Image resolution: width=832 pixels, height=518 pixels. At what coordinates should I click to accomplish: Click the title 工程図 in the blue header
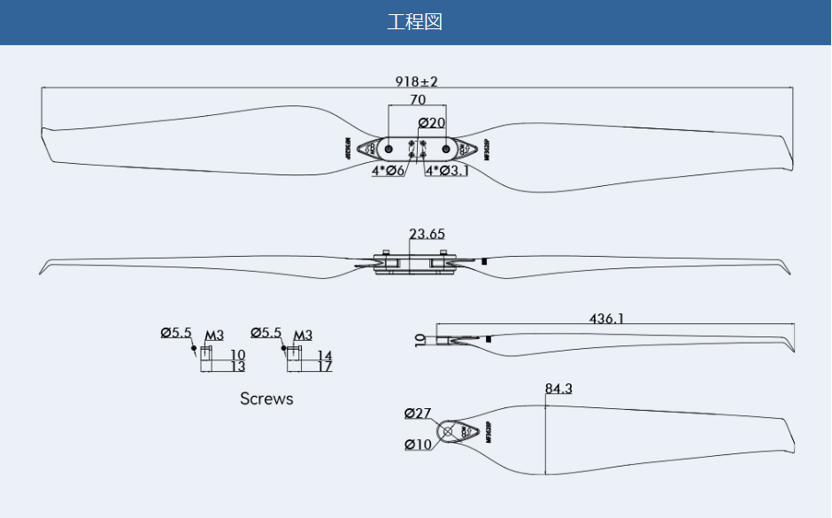click(x=414, y=22)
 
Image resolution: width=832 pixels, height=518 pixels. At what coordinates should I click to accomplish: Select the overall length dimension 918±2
click(x=416, y=81)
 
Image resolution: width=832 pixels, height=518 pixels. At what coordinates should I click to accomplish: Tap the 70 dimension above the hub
click(x=418, y=100)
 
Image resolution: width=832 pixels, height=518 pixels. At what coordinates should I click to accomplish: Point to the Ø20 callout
click(x=431, y=122)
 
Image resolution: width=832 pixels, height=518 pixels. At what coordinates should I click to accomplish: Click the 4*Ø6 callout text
click(x=388, y=171)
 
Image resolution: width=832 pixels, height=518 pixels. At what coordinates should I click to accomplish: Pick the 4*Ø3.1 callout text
click(x=447, y=171)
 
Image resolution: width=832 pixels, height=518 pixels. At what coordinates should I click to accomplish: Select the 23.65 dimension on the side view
click(x=427, y=235)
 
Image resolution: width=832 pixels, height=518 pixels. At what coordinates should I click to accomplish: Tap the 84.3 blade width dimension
click(x=559, y=389)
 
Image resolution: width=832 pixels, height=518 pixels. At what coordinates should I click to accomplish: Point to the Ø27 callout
click(x=418, y=414)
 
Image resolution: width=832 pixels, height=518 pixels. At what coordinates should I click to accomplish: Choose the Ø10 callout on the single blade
click(x=419, y=445)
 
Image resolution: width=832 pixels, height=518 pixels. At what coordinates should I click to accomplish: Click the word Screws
click(x=266, y=399)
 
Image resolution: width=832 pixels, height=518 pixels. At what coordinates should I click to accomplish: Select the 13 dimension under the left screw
click(x=238, y=367)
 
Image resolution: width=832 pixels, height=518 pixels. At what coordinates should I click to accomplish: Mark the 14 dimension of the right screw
click(x=325, y=355)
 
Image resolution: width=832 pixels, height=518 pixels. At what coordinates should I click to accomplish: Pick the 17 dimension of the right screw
click(x=325, y=367)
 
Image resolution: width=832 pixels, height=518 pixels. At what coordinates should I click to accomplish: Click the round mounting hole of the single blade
click(x=448, y=432)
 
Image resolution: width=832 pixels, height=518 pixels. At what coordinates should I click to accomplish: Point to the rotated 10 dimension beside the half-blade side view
click(x=420, y=338)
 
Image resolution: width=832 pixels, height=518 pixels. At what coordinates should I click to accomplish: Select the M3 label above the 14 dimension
click(x=304, y=336)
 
